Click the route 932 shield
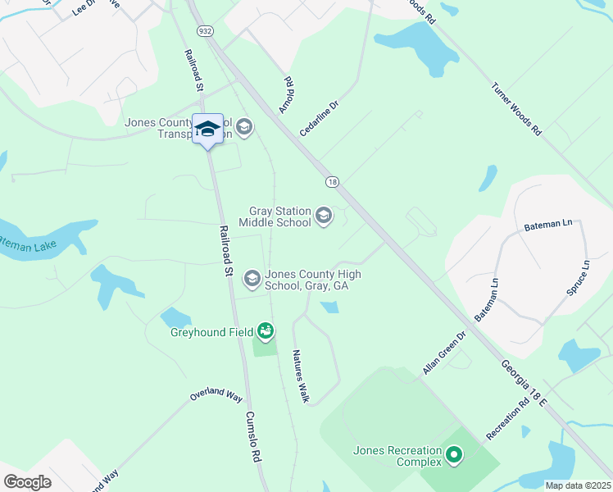pyautogui.click(x=202, y=30)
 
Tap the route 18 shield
pyautogui.click(x=331, y=181)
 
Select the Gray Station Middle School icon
pyautogui.click(x=324, y=216)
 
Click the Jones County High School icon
pyautogui.click(x=252, y=280)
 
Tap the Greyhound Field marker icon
pyautogui.click(x=265, y=331)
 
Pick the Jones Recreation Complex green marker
pyautogui.click(x=453, y=453)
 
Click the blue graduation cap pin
pyautogui.click(x=207, y=129)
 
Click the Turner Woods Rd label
pyautogui.click(x=516, y=108)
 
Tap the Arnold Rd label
pyautogui.click(x=287, y=95)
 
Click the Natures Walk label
pyautogui.click(x=301, y=376)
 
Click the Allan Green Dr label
pyautogui.click(x=444, y=353)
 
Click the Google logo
pyautogui.click(x=27, y=482)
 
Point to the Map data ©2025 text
pyautogui.click(x=578, y=485)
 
